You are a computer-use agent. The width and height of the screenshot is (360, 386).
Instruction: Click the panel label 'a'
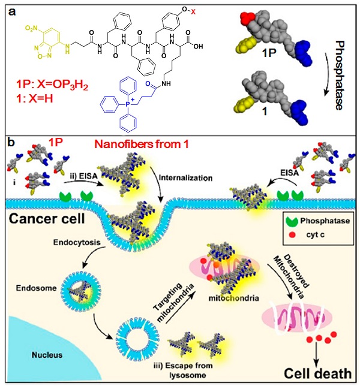(10, 8)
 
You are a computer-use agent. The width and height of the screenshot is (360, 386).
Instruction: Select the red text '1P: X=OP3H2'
(57, 88)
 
